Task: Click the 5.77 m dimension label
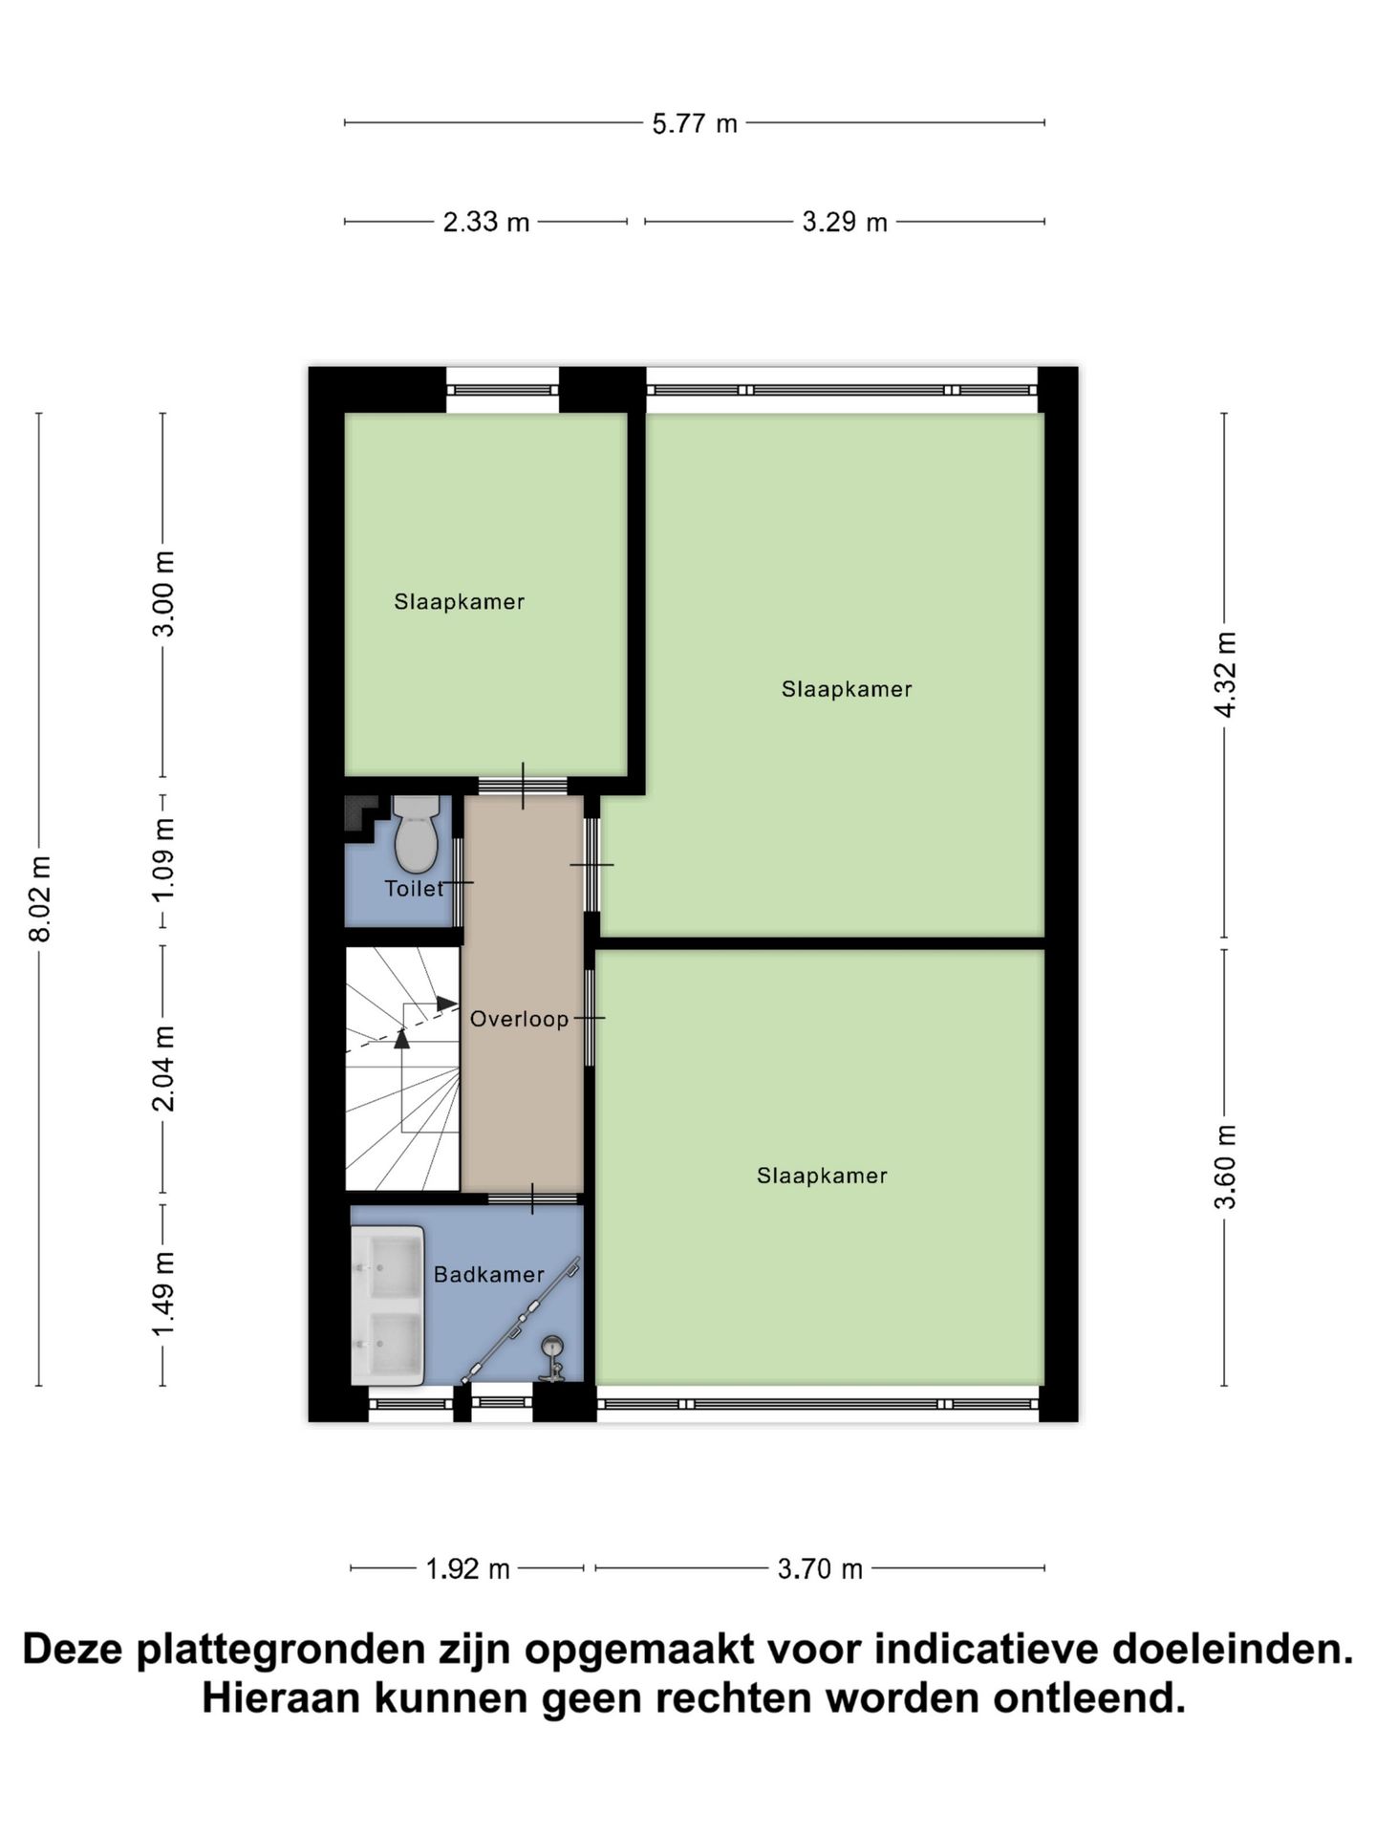[695, 123]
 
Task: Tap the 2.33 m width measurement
[485, 223]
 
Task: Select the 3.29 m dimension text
[845, 223]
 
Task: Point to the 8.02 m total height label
[40, 899]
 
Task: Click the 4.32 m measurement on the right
[1225, 674]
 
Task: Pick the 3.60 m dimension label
[1225, 1167]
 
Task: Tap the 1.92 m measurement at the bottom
[467, 1568]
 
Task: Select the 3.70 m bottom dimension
[820, 1568]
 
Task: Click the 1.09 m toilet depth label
[164, 859]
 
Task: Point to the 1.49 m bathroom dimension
[164, 1294]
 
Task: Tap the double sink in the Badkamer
[387, 1306]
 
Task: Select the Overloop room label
[519, 1020]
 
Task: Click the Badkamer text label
[488, 1275]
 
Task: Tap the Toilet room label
[414, 889]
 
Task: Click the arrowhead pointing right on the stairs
[446, 1004]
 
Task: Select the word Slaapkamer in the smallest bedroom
[459, 602]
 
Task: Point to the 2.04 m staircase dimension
[164, 1069]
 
